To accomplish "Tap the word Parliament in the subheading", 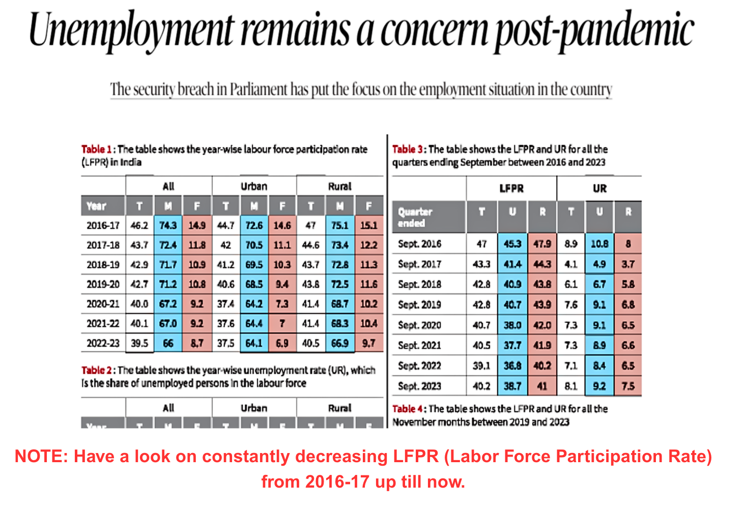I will point(259,90).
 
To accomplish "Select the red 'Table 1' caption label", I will point(96,149).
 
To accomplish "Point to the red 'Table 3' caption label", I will point(407,149).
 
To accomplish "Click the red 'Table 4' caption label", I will point(407,409).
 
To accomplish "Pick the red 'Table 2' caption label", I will point(96,370).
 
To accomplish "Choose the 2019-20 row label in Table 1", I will point(103,284).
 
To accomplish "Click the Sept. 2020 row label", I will point(419,325).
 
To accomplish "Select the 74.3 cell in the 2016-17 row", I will point(168,225).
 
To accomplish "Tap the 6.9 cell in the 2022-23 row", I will point(282,343).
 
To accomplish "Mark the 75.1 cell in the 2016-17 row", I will point(340,225).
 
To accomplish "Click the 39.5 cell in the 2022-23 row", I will point(139,343).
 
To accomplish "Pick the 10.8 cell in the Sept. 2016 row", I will point(599,244).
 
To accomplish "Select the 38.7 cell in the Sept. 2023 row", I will point(512,386).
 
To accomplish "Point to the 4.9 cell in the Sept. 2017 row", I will point(599,264).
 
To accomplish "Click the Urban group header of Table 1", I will point(254,186).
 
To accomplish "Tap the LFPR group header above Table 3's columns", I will point(511,188).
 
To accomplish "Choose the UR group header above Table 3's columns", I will point(599,188).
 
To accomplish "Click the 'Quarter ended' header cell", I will point(415,217).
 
